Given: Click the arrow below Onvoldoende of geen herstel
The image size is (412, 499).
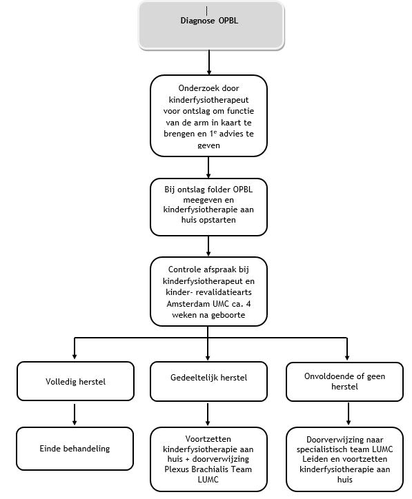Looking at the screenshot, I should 346,414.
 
